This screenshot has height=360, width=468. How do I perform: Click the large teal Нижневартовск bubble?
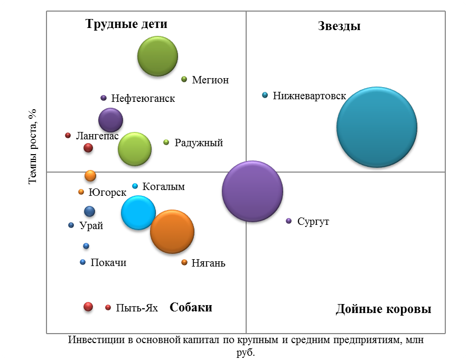(377, 127)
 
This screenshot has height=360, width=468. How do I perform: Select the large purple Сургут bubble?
(252, 191)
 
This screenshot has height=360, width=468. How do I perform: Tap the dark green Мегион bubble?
(157, 56)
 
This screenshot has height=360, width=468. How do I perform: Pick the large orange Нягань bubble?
(172, 231)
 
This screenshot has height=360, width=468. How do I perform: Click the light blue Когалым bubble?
(138, 213)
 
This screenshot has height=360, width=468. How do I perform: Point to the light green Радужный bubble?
(135, 149)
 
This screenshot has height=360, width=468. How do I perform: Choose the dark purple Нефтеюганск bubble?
(111, 120)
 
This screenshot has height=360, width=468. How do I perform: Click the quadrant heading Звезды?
(339, 26)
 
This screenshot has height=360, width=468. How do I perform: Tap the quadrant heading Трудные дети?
(126, 24)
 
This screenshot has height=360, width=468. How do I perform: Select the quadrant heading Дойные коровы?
(383, 309)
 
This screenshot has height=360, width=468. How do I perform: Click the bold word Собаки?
(191, 307)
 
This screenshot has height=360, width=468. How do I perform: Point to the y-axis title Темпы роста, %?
(32, 146)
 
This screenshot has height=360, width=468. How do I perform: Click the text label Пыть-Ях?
(137, 308)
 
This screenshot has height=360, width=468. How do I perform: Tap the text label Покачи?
(108, 262)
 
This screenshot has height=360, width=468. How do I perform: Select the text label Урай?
(91, 225)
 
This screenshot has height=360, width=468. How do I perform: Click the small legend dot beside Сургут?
(288, 221)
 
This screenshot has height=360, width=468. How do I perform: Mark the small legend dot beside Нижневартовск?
(265, 95)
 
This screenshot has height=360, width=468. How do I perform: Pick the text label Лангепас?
(97, 136)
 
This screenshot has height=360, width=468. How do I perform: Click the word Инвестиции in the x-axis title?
(96, 340)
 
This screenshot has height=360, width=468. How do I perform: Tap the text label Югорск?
(107, 192)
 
